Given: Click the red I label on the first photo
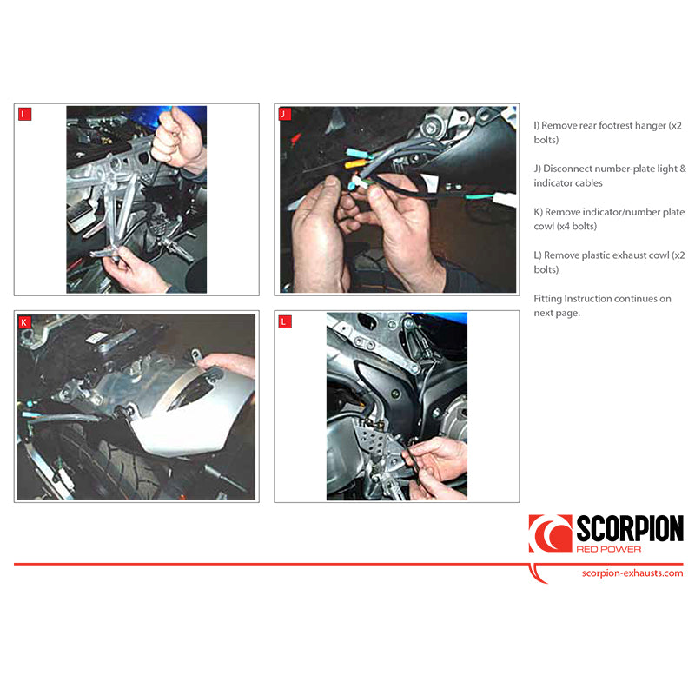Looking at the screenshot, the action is click(x=25, y=114).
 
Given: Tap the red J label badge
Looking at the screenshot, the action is click(x=285, y=114).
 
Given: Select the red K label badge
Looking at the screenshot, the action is click(x=24, y=321).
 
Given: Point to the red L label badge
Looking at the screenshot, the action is click(x=285, y=321).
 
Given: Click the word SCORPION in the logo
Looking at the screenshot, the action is click(x=629, y=528).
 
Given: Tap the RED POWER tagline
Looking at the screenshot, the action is click(x=609, y=549).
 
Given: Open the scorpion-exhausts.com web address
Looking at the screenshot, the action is click(x=632, y=573).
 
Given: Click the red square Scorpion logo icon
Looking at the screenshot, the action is click(x=550, y=533).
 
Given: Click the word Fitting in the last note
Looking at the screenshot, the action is click(x=547, y=299).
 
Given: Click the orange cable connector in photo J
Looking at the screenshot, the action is click(x=354, y=164).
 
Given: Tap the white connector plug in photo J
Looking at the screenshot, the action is click(x=505, y=199).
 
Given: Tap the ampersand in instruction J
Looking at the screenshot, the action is click(x=683, y=169).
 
